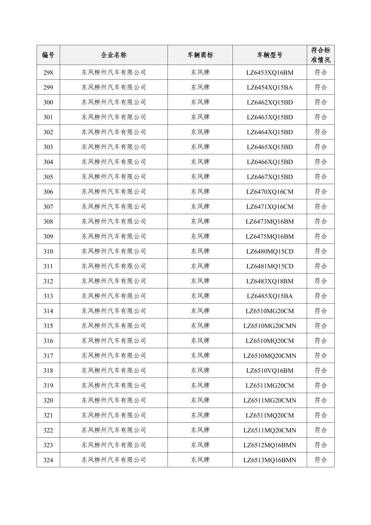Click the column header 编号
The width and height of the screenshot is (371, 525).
48,55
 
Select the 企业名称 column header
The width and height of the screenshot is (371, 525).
114,55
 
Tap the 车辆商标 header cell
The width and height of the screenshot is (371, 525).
200,55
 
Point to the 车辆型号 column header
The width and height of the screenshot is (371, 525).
269,55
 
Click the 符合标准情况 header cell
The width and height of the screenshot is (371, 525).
321,55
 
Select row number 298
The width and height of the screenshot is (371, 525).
48,73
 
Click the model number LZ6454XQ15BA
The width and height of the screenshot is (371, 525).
269,87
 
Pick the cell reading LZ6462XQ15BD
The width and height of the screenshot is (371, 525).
269,102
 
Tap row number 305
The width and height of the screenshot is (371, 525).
48,177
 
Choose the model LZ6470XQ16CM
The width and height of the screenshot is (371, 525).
269,192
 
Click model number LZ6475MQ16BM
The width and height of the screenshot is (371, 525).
269,237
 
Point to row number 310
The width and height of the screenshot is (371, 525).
48,251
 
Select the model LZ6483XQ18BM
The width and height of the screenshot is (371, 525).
269,281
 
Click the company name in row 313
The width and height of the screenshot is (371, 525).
114,296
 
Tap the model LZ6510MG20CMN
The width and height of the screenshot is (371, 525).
269,326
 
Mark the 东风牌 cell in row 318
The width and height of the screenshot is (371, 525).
200,371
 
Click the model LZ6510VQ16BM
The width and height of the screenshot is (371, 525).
269,371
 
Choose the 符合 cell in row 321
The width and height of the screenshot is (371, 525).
321,415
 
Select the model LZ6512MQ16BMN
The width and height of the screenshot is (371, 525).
269,445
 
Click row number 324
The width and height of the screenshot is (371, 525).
48,460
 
